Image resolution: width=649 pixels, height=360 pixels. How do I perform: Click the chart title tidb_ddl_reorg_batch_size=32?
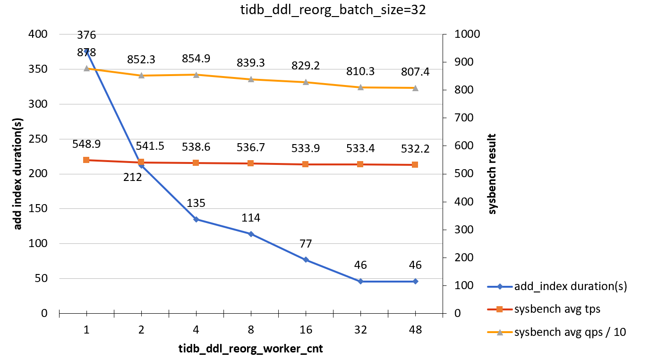pyautogui.click(x=326, y=11)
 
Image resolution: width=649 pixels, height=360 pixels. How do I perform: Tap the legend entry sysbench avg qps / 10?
pyautogui.click(x=570, y=332)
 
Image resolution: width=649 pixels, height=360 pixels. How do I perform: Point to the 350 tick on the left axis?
pyautogui.click(x=40, y=69)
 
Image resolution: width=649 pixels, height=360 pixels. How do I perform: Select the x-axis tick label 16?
pyautogui.click(x=306, y=331)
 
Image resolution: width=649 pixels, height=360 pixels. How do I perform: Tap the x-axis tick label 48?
pyautogui.click(x=415, y=331)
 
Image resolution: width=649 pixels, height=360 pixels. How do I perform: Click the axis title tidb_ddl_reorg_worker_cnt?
pyautogui.click(x=250, y=349)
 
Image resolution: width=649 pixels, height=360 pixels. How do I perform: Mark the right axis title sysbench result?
pyautogui.click(x=493, y=174)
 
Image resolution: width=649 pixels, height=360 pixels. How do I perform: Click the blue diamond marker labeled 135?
pyautogui.click(x=196, y=219)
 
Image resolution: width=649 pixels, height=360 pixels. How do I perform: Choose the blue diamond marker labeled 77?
pyautogui.click(x=306, y=260)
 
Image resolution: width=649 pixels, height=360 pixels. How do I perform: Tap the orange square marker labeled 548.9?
pyautogui.click(x=86, y=160)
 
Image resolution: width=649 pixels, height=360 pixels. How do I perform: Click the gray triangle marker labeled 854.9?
pyautogui.click(x=196, y=75)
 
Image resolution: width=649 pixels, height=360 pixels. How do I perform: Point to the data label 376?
pyautogui.click(x=86, y=35)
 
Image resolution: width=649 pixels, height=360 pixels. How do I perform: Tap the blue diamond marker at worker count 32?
pyautogui.click(x=360, y=281)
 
